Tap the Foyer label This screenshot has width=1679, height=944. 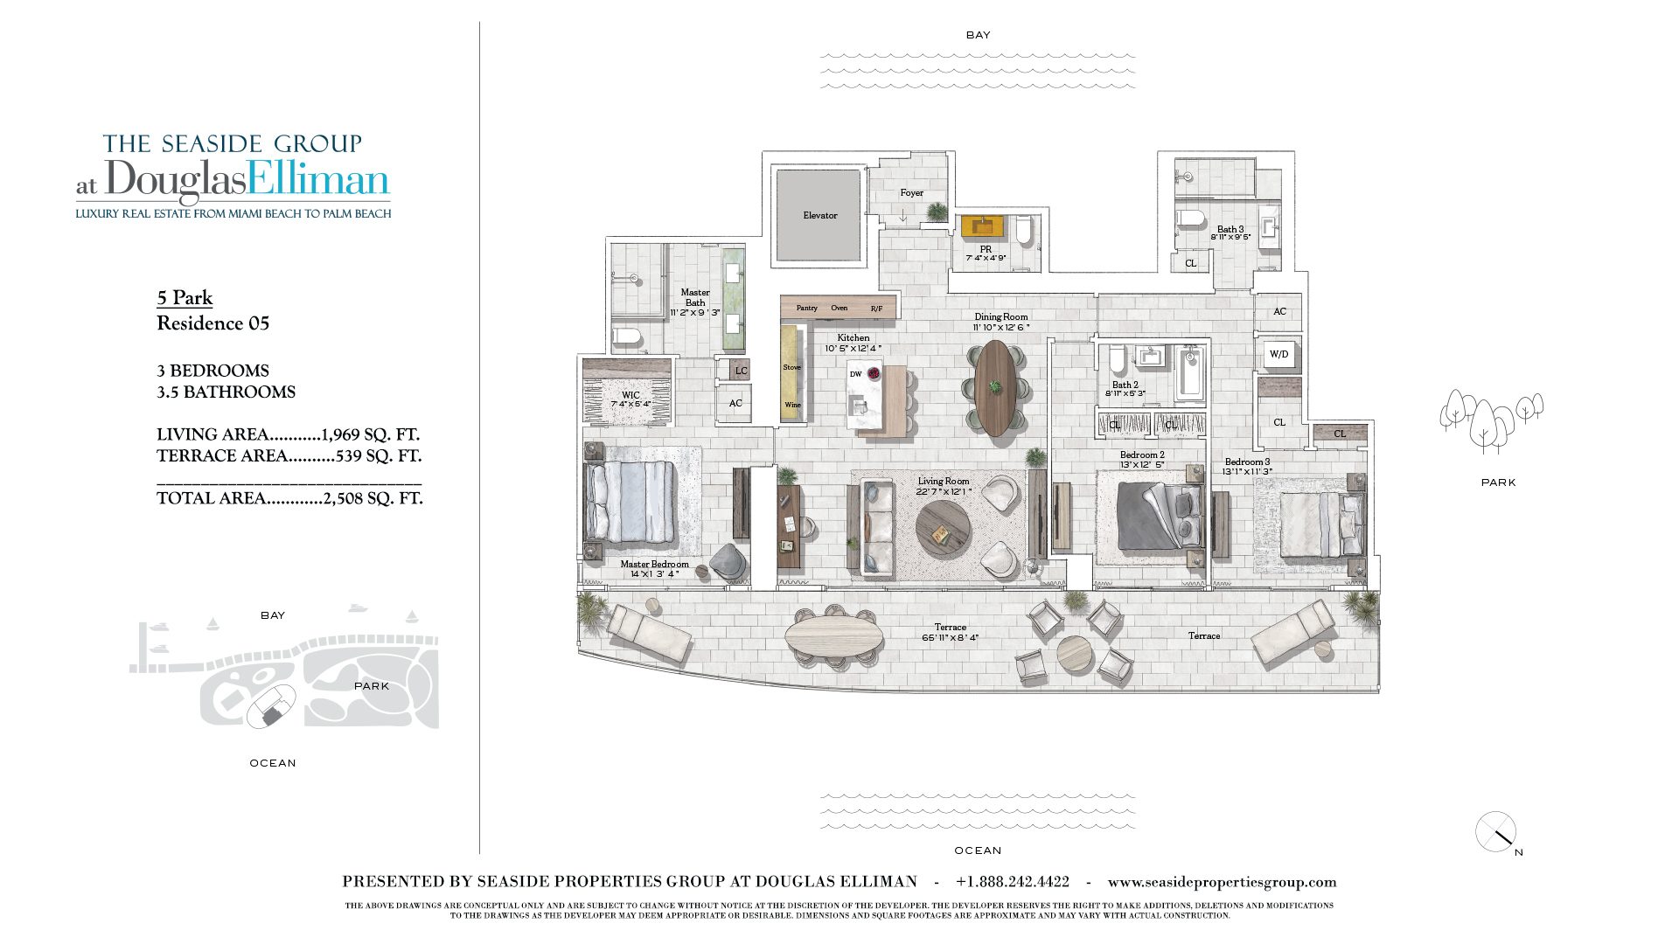point(911,193)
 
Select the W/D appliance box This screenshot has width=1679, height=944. point(1278,355)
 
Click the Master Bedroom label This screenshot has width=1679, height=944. point(654,565)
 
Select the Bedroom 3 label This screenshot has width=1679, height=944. point(1247,462)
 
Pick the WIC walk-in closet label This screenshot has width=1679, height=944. point(630,395)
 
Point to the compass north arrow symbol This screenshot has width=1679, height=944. point(1495,832)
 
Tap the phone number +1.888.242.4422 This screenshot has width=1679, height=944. point(1012,882)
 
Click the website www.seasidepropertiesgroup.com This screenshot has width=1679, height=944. point(1222,882)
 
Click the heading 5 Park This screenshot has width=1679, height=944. point(185,298)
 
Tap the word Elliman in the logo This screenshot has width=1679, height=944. point(317,180)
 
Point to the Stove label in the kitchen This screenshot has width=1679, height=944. point(791,367)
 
